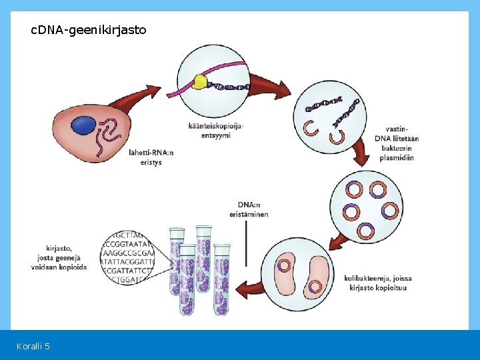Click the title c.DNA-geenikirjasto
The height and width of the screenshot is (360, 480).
click(x=89, y=30)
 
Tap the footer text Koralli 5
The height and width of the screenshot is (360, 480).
click(x=33, y=345)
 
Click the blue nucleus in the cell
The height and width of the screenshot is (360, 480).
click(x=85, y=124)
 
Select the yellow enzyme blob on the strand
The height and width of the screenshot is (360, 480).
click(x=200, y=83)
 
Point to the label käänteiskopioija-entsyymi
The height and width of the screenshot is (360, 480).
click(x=216, y=131)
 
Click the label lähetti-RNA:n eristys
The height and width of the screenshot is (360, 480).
click(x=151, y=157)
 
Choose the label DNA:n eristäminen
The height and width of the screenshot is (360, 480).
click(x=253, y=209)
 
